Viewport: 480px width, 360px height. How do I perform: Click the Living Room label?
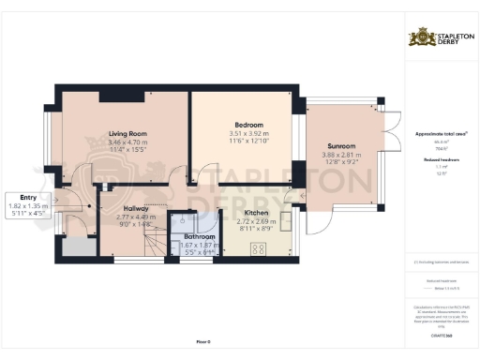[x=130, y=134]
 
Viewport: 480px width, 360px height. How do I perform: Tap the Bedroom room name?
[x=248, y=125]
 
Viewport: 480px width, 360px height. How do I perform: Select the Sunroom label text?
[x=339, y=146]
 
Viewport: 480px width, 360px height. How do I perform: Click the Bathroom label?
[x=199, y=237]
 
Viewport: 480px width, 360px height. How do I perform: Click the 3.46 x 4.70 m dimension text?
[x=130, y=142]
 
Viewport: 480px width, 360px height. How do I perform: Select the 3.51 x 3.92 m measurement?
[x=248, y=133]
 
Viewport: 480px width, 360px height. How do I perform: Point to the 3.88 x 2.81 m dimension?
[x=339, y=155]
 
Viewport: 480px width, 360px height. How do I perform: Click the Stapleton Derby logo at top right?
[x=441, y=38]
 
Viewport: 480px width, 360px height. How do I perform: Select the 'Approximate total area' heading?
[x=441, y=134]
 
